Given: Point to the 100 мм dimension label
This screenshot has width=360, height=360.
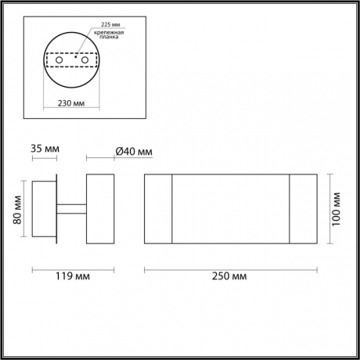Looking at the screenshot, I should point(337,208).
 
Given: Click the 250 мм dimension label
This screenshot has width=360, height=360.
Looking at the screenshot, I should point(231,276).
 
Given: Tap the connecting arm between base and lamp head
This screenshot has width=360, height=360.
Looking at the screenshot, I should point(70,207).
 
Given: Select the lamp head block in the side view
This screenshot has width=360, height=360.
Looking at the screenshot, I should point(99,207).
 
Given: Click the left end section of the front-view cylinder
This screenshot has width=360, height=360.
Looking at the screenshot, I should point(158,207).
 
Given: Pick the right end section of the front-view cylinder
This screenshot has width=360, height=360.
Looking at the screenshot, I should point(303,207).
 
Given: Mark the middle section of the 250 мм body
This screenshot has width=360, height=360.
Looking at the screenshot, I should point(231,207).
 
